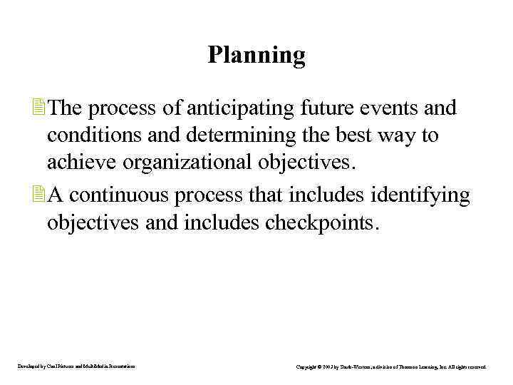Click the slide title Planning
click(256, 55)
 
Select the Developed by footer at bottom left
click(77, 366)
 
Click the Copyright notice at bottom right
click(391, 366)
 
